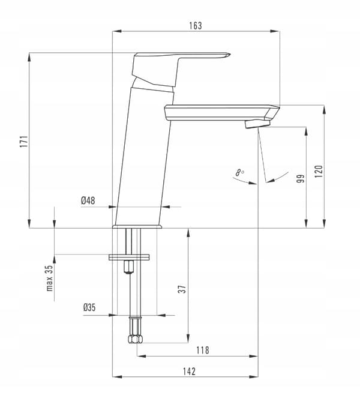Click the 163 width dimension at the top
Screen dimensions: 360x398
click(196, 26)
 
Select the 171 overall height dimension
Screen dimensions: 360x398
click(24, 142)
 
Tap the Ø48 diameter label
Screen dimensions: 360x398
click(88, 201)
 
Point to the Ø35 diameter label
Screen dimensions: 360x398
click(89, 307)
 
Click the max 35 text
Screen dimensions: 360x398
click(50, 278)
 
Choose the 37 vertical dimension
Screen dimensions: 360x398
click(182, 289)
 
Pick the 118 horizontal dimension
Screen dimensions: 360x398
click(203, 351)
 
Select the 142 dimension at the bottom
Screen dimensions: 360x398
click(189, 372)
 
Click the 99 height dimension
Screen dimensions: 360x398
click(301, 178)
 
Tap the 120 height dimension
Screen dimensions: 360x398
click(319, 171)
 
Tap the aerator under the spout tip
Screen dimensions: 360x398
click(257, 124)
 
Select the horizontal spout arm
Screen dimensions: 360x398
click(222, 112)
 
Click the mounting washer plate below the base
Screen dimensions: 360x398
click(129, 257)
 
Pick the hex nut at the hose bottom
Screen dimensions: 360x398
click(135, 339)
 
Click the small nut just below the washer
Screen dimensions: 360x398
click(128, 267)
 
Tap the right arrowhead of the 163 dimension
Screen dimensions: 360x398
click(275, 31)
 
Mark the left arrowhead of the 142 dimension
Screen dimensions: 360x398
click(117, 376)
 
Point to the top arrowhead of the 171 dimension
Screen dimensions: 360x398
click(29, 58)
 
